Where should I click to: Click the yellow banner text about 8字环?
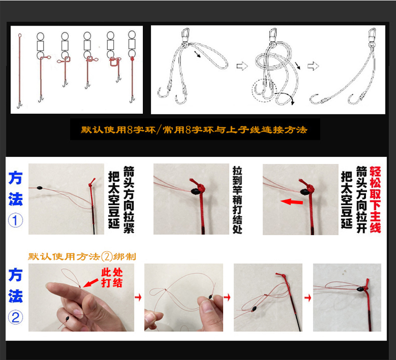pos(194,130)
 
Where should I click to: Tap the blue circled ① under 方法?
pos(16,221)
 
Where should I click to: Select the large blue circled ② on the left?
pos(16,317)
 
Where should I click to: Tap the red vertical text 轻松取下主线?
pos(375,199)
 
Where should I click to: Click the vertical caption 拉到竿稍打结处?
pos(238,199)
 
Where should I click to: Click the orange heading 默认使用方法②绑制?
pos(82,256)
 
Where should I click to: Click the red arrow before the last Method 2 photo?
pos(307,298)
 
